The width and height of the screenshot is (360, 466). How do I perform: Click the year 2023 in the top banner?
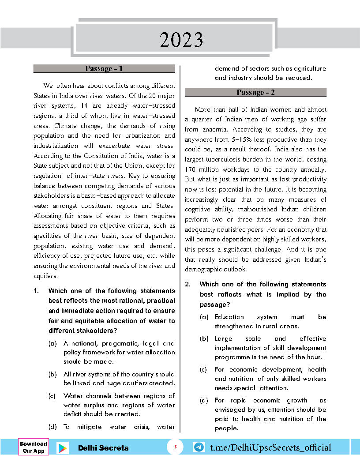point(181,40)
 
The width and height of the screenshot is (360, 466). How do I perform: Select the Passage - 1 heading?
point(104,68)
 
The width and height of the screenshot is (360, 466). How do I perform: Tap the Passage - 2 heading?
point(255,92)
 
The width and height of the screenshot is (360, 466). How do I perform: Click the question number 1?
point(37,291)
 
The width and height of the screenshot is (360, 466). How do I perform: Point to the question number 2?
point(187,284)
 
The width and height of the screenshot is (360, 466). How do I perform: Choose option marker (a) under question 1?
point(52,343)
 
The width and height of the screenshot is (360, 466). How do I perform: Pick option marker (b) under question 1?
point(52,374)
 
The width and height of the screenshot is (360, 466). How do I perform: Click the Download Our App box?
point(33,447)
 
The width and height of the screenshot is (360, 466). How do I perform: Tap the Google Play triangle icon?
point(63,448)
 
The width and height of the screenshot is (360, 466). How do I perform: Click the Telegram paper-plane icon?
point(199,447)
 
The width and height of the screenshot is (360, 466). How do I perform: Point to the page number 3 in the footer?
point(175,447)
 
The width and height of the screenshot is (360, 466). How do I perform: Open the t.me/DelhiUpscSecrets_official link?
point(270,448)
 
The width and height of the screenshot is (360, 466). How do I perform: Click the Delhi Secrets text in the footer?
point(103,448)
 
